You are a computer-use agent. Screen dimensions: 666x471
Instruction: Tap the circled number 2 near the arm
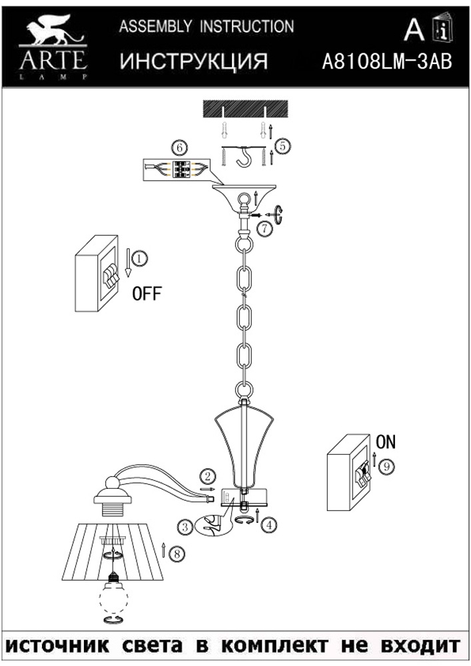point(209,476)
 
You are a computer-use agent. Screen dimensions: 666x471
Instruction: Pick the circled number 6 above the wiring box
point(178,147)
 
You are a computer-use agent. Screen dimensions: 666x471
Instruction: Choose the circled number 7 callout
point(264,229)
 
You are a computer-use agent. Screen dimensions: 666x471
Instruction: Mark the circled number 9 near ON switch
point(385,467)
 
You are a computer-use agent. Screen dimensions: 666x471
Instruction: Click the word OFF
point(147,294)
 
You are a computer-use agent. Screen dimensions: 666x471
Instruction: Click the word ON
point(385,442)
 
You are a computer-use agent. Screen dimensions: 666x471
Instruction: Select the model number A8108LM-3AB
point(386,62)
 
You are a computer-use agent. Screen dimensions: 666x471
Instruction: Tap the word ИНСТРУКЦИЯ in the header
point(194,62)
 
